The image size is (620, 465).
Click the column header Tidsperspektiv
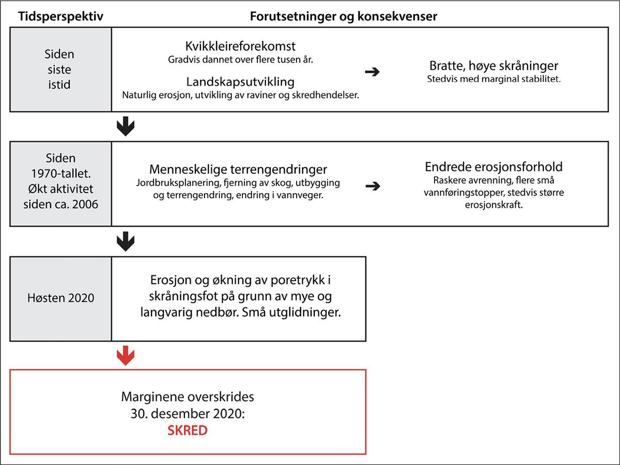(60, 16)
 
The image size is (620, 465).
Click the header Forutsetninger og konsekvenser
(344, 16)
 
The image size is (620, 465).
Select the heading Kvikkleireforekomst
(240, 47)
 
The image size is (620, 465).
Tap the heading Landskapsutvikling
(240, 82)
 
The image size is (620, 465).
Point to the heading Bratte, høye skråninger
(493, 66)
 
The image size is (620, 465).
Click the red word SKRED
(188, 430)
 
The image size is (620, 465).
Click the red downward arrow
(126, 355)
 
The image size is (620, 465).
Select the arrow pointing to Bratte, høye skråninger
(372, 72)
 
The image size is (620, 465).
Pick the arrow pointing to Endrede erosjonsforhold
(372, 187)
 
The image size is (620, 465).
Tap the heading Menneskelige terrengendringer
(238, 169)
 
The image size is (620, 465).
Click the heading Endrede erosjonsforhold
(493, 167)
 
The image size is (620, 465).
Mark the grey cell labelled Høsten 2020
(61, 298)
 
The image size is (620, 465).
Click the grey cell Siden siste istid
(61, 69)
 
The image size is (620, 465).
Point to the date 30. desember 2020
(188, 414)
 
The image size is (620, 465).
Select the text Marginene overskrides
(188, 397)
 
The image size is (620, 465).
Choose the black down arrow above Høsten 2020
(126, 240)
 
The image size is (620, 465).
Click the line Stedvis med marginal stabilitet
(493, 80)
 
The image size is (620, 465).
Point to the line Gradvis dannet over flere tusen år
(241, 59)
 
